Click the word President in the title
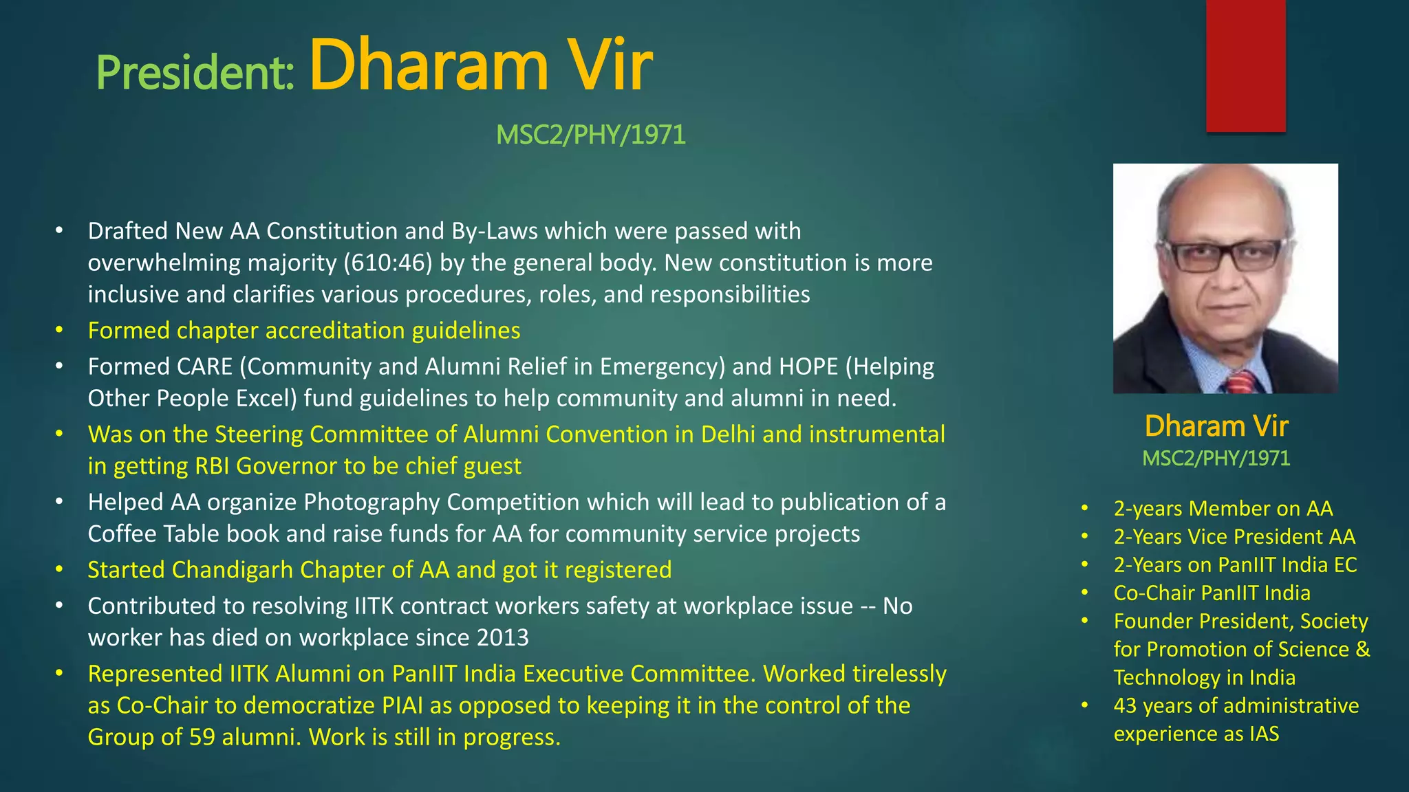195,73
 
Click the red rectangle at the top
1245,65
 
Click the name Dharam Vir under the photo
1216,426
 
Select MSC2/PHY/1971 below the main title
590,135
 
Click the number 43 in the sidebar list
1125,706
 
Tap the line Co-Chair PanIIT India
1212,593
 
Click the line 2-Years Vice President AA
1234,537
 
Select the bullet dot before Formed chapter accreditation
60,331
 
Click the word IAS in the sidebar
1265,734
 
